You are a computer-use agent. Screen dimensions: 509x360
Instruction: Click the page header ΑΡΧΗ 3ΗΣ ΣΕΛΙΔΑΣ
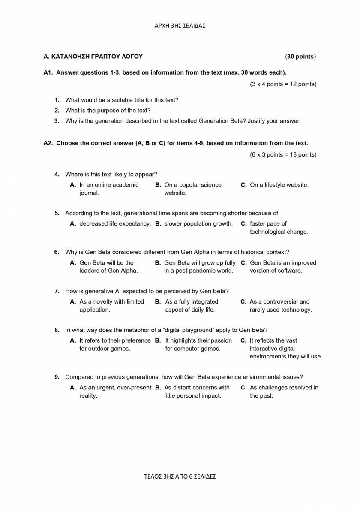pos(180,26)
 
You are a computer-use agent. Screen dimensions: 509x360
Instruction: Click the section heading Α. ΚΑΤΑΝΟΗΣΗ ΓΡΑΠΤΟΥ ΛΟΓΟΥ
pos(93,57)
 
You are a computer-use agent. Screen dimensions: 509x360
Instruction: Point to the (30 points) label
pos(300,57)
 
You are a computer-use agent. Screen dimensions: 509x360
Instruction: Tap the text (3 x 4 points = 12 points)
pos(283,84)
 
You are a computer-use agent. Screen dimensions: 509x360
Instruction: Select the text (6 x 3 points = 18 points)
pos(283,154)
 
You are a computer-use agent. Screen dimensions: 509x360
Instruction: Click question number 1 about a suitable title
pos(57,100)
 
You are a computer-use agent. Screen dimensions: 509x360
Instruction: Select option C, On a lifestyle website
pos(279,185)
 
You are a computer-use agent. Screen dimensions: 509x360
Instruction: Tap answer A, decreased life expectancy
pos(114,223)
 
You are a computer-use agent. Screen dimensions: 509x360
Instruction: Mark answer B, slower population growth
pos(198,223)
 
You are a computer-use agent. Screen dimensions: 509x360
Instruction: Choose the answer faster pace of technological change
pos(279,228)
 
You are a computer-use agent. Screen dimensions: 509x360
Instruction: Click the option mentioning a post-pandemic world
pos(199,267)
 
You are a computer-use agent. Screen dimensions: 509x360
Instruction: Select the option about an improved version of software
pos(282,267)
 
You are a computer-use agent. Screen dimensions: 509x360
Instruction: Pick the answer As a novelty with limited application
pos(111,306)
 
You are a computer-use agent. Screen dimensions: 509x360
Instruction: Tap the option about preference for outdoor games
pos(114,344)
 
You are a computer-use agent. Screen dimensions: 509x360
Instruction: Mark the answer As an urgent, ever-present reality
pos(115,392)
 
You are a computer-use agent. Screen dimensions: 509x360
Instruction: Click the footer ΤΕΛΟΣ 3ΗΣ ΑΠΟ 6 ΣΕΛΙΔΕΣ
pos(180,476)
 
